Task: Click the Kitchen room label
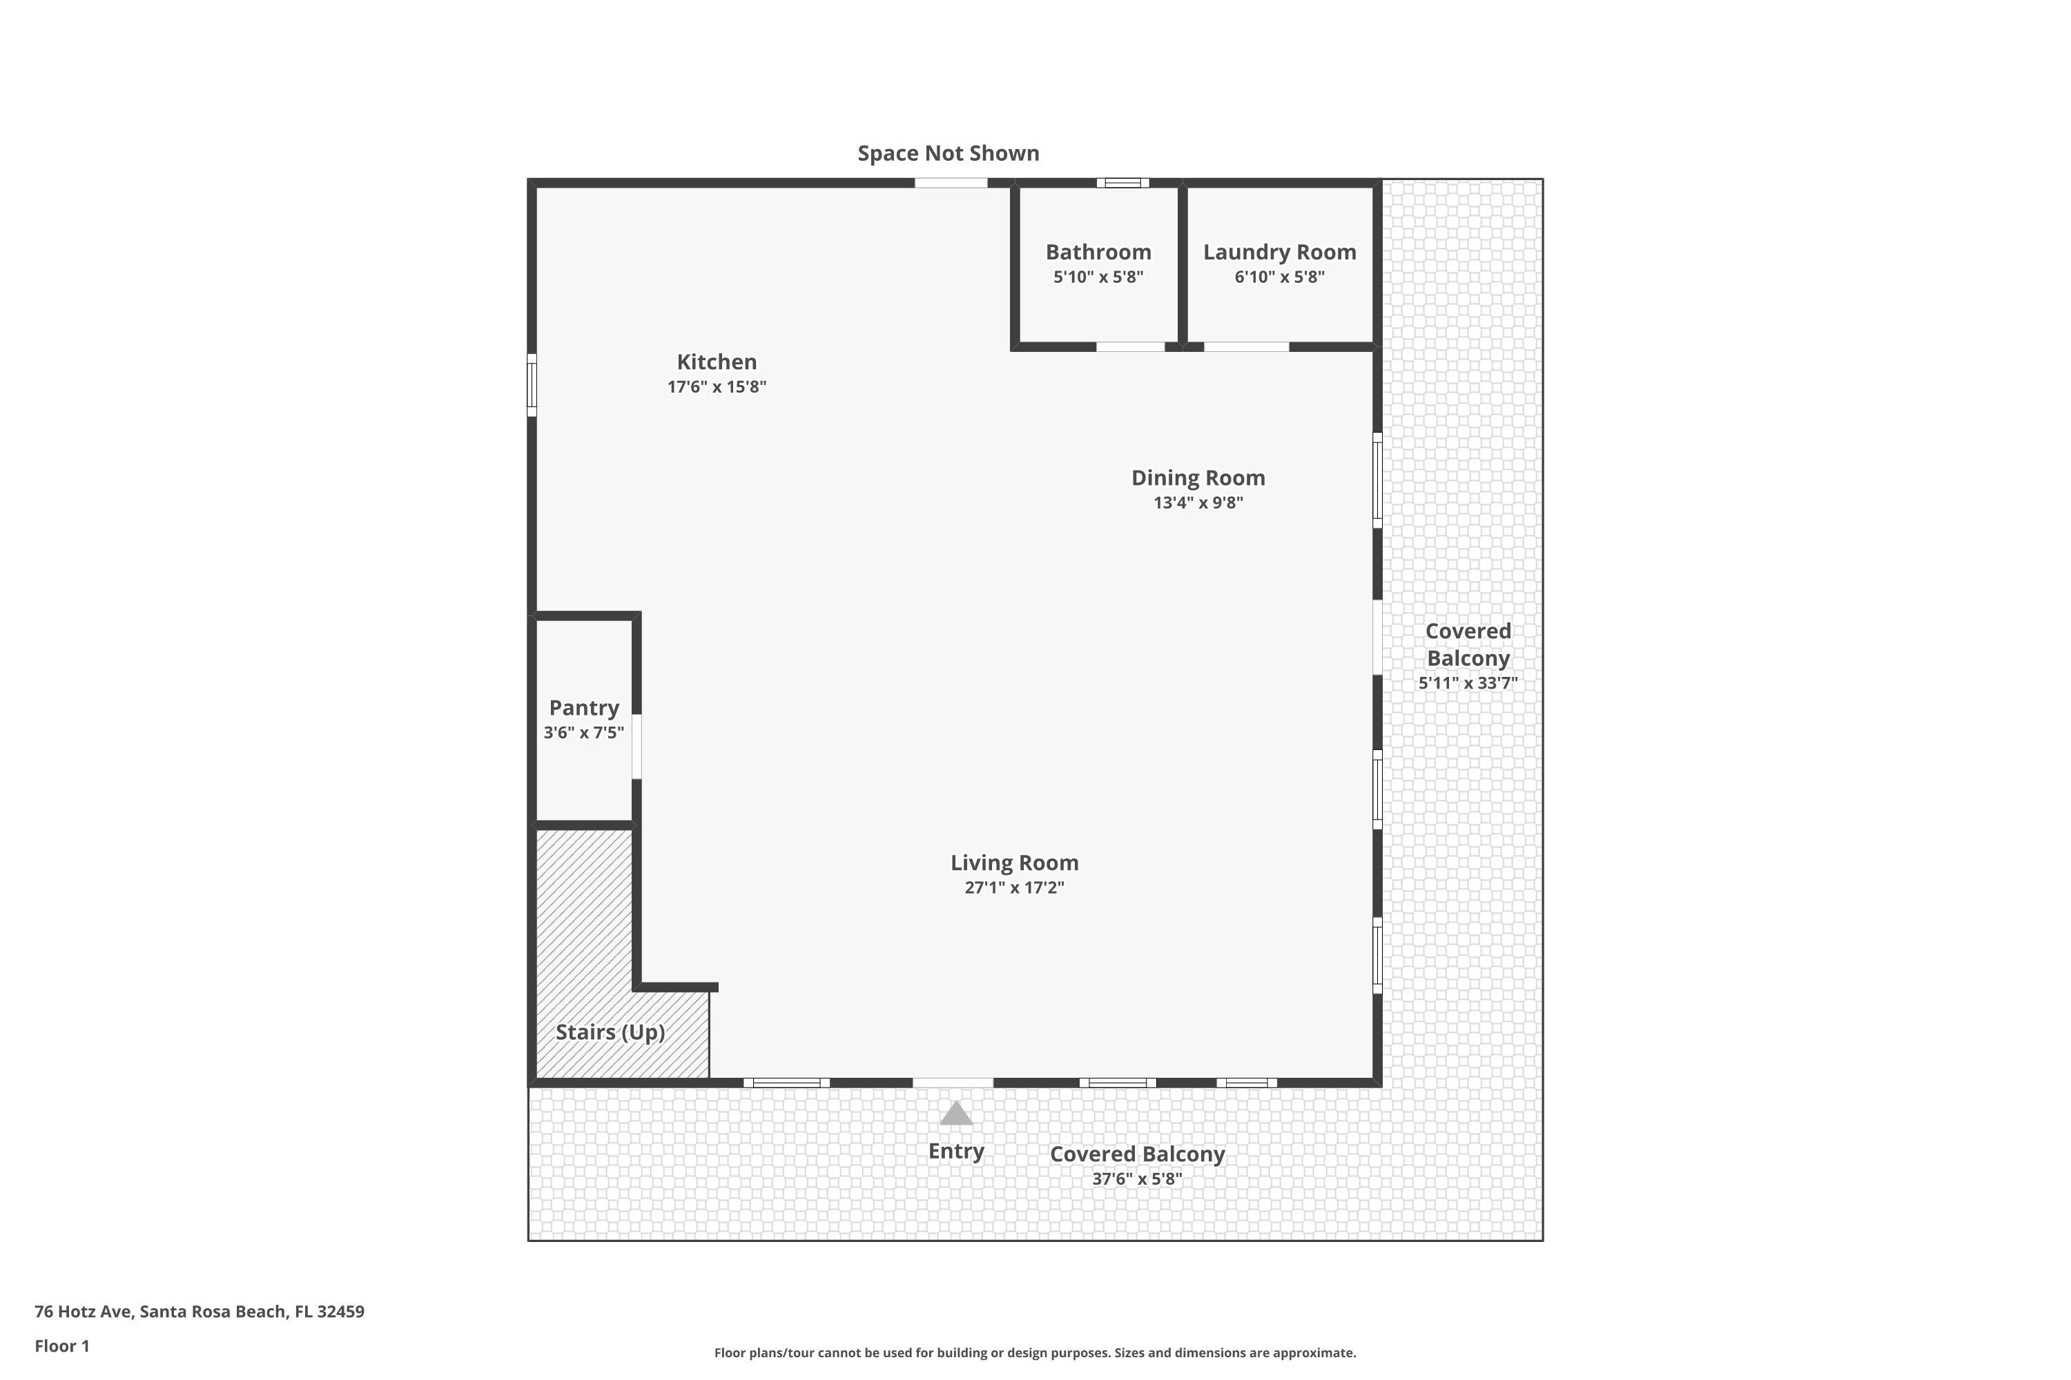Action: click(716, 362)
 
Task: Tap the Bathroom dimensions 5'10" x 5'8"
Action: click(1098, 277)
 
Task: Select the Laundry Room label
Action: click(1278, 253)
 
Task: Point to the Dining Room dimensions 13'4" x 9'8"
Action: click(1198, 502)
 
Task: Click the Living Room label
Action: click(1013, 862)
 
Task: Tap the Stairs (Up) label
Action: click(610, 1032)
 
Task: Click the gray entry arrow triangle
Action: click(955, 1114)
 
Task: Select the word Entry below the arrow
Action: click(955, 1150)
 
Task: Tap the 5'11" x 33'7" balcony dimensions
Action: click(1467, 683)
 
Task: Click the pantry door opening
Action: click(636, 747)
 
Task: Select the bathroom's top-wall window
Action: click(1122, 183)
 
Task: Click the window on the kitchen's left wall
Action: click(532, 384)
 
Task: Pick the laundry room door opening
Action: click(1245, 347)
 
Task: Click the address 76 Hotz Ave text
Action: click(199, 1312)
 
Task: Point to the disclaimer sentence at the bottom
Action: click(1035, 1352)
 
